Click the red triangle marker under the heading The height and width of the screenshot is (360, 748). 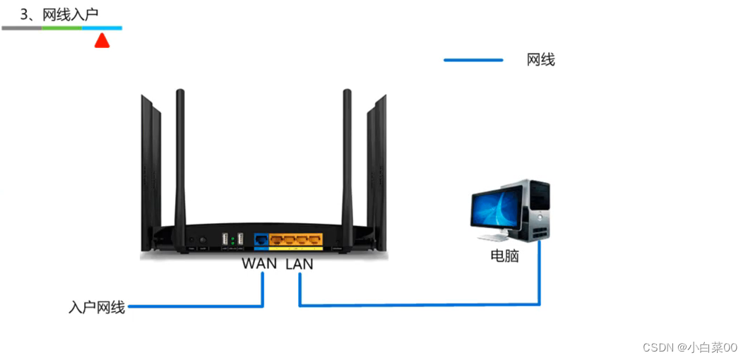(102, 41)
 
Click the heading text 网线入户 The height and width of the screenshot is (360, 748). (69, 13)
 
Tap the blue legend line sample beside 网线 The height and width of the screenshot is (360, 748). (473, 60)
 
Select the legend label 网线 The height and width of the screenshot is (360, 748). (541, 60)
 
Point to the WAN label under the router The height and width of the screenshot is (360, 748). (259, 264)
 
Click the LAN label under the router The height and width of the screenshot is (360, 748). (299, 264)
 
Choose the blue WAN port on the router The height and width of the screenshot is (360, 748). (261, 240)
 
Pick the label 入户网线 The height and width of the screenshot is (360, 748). (97, 307)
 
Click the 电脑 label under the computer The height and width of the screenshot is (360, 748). (504, 256)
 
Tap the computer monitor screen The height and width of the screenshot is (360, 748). (497, 210)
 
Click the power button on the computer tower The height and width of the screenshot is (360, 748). (539, 212)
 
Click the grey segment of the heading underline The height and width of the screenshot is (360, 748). (21, 28)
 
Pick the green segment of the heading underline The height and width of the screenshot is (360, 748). (61, 28)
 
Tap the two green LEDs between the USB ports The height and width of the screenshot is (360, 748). (233, 242)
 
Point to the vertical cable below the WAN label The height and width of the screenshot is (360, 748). (263, 289)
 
